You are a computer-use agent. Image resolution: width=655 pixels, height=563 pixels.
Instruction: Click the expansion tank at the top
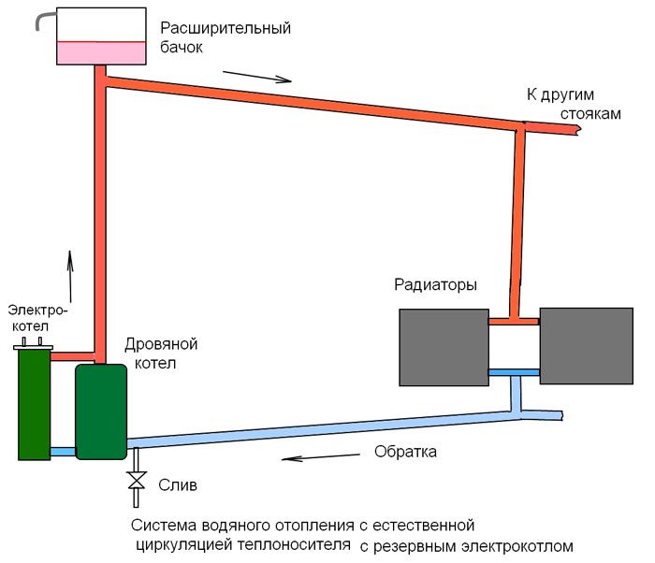click(x=101, y=36)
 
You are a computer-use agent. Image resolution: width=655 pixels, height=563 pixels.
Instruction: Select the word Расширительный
click(x=226, y=29)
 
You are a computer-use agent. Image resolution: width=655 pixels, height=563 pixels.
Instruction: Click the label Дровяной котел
click(x=161, y=354)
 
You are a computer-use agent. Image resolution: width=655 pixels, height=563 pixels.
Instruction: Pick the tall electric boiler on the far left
click(x=35, y=403)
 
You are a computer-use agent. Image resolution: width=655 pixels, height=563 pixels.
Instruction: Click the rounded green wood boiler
click(x=101, y=411)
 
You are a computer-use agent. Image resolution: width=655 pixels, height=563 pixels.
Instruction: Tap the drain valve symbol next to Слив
click(x=137, y=481)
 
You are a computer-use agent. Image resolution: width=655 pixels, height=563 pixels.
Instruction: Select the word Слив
click(x=178, y=485)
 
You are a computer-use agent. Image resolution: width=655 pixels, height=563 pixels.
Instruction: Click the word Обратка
click(x=405, y=452)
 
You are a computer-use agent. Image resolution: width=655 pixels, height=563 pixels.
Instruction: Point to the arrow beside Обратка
click(x=321, y=457)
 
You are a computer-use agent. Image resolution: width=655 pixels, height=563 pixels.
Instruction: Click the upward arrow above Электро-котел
click(x=70, y=276)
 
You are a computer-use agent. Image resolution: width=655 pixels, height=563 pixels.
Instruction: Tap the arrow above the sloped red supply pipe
click(x=257, y=77)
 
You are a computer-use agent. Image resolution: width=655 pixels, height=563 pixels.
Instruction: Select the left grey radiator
click(x=444, y=348)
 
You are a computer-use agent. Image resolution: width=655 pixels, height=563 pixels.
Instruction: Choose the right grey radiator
click(x=587, y=346)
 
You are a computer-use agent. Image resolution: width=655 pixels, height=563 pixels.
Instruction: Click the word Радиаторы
click(x=436, y=285)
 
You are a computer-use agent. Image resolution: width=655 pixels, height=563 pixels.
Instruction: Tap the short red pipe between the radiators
click(x=515, y=322)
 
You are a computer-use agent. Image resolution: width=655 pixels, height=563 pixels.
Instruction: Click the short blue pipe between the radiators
click(x=515, y=372)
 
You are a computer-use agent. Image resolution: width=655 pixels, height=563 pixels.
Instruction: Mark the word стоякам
click(x=590, y=113)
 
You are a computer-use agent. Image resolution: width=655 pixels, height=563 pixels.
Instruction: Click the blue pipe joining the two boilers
click(x=63, y=452)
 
